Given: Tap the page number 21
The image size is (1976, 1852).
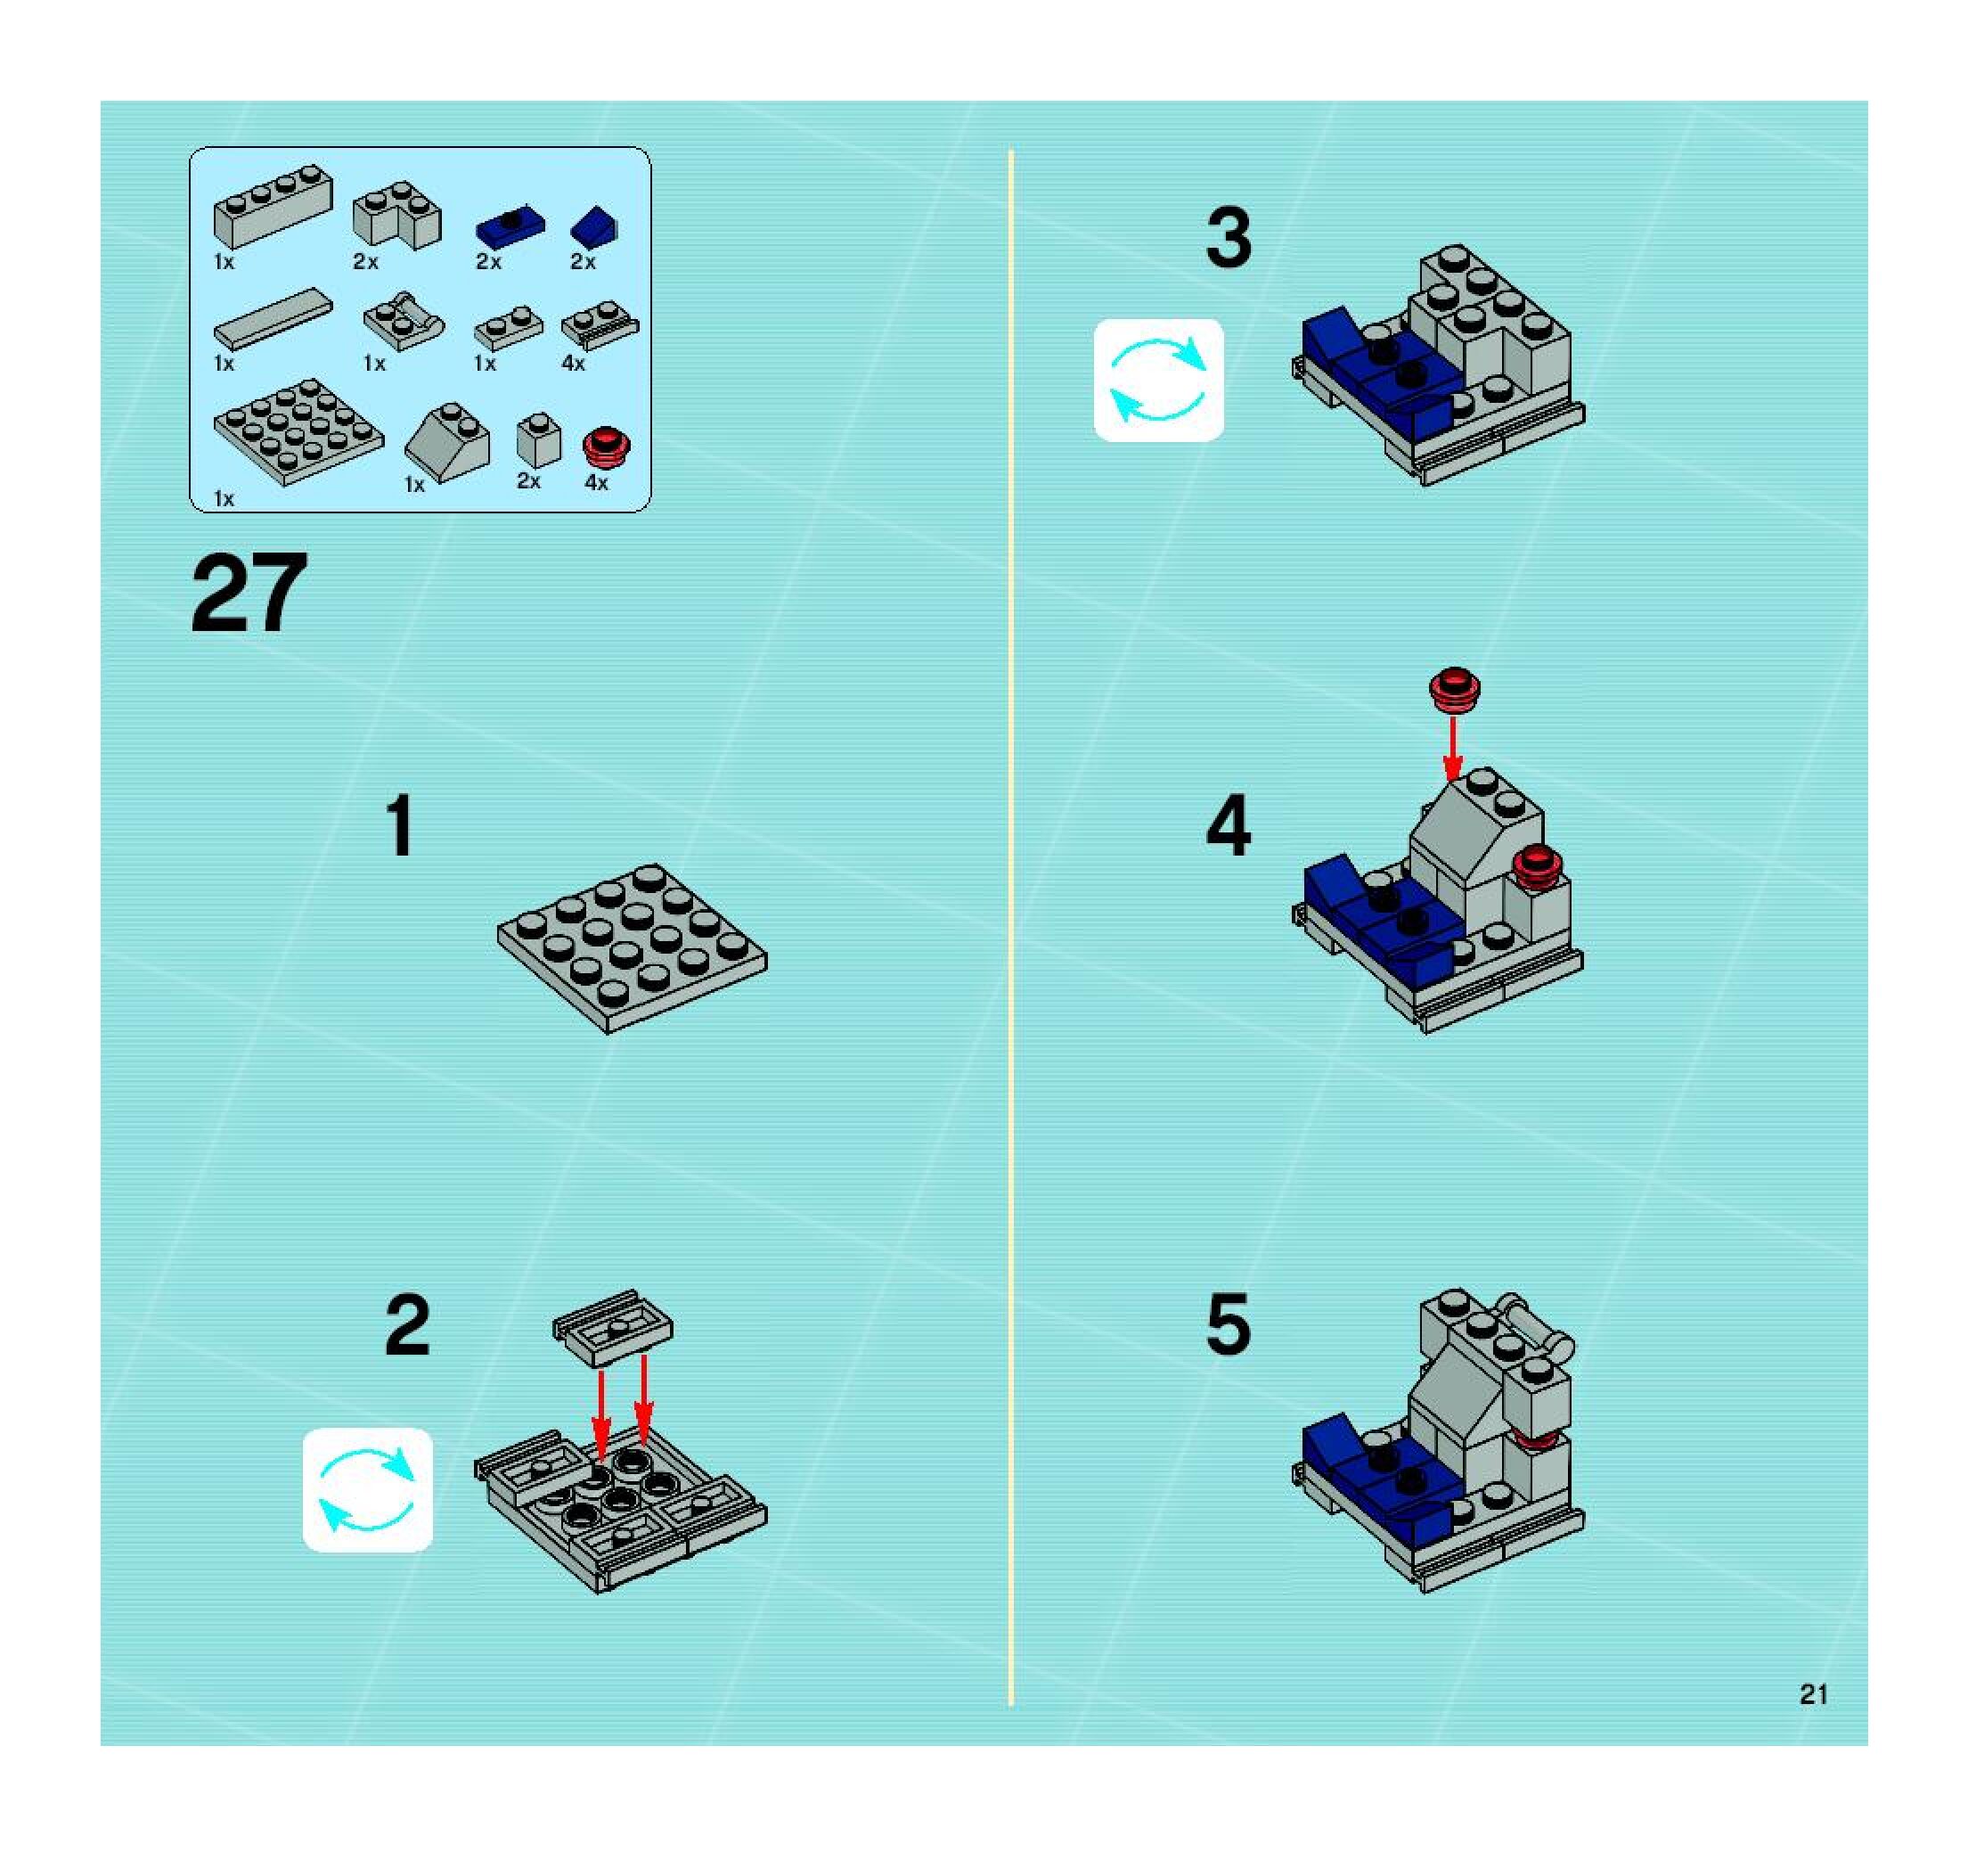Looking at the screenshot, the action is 1813,1694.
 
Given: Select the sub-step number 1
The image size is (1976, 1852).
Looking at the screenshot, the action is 401,825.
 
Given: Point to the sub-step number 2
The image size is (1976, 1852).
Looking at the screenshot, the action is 407,1325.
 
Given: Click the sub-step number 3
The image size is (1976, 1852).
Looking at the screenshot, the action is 1229,239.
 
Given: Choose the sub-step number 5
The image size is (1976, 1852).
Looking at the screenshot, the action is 1229,1325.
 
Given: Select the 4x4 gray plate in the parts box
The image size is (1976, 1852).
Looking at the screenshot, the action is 298,431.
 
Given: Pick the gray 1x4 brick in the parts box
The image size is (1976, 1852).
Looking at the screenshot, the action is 274,206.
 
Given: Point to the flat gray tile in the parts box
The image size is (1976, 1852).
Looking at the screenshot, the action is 273,319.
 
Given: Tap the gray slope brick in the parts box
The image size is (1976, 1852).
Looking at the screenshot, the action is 446,442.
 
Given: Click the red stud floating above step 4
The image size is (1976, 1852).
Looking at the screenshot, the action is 1454,690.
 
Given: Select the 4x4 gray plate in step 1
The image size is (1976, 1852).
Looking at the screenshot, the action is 633,948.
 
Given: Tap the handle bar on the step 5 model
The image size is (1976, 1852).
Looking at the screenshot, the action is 1537,1324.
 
